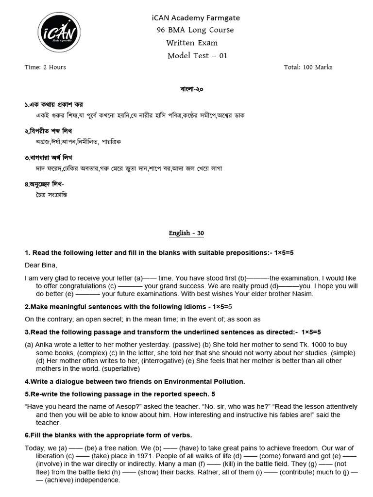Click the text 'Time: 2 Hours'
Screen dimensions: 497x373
pyautogui.click(x=45, y=67)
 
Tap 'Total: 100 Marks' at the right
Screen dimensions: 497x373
pyautogui.click(x=308, y=67)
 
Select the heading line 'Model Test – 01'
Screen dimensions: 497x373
pyautogui.click(x=197, y=55)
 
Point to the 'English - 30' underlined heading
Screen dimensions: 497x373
pyautogui.click(x=186, y=233)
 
